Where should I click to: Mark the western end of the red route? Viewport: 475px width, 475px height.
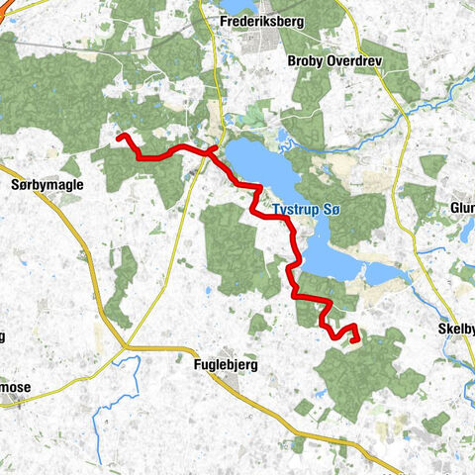coord(119,137)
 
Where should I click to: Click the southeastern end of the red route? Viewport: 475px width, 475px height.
coord(353,341)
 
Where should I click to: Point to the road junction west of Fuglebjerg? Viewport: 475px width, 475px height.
coord(125,346)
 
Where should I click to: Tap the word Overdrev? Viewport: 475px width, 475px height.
coord(354,60)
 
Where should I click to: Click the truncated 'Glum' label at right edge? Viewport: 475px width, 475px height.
coord(462,208)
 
